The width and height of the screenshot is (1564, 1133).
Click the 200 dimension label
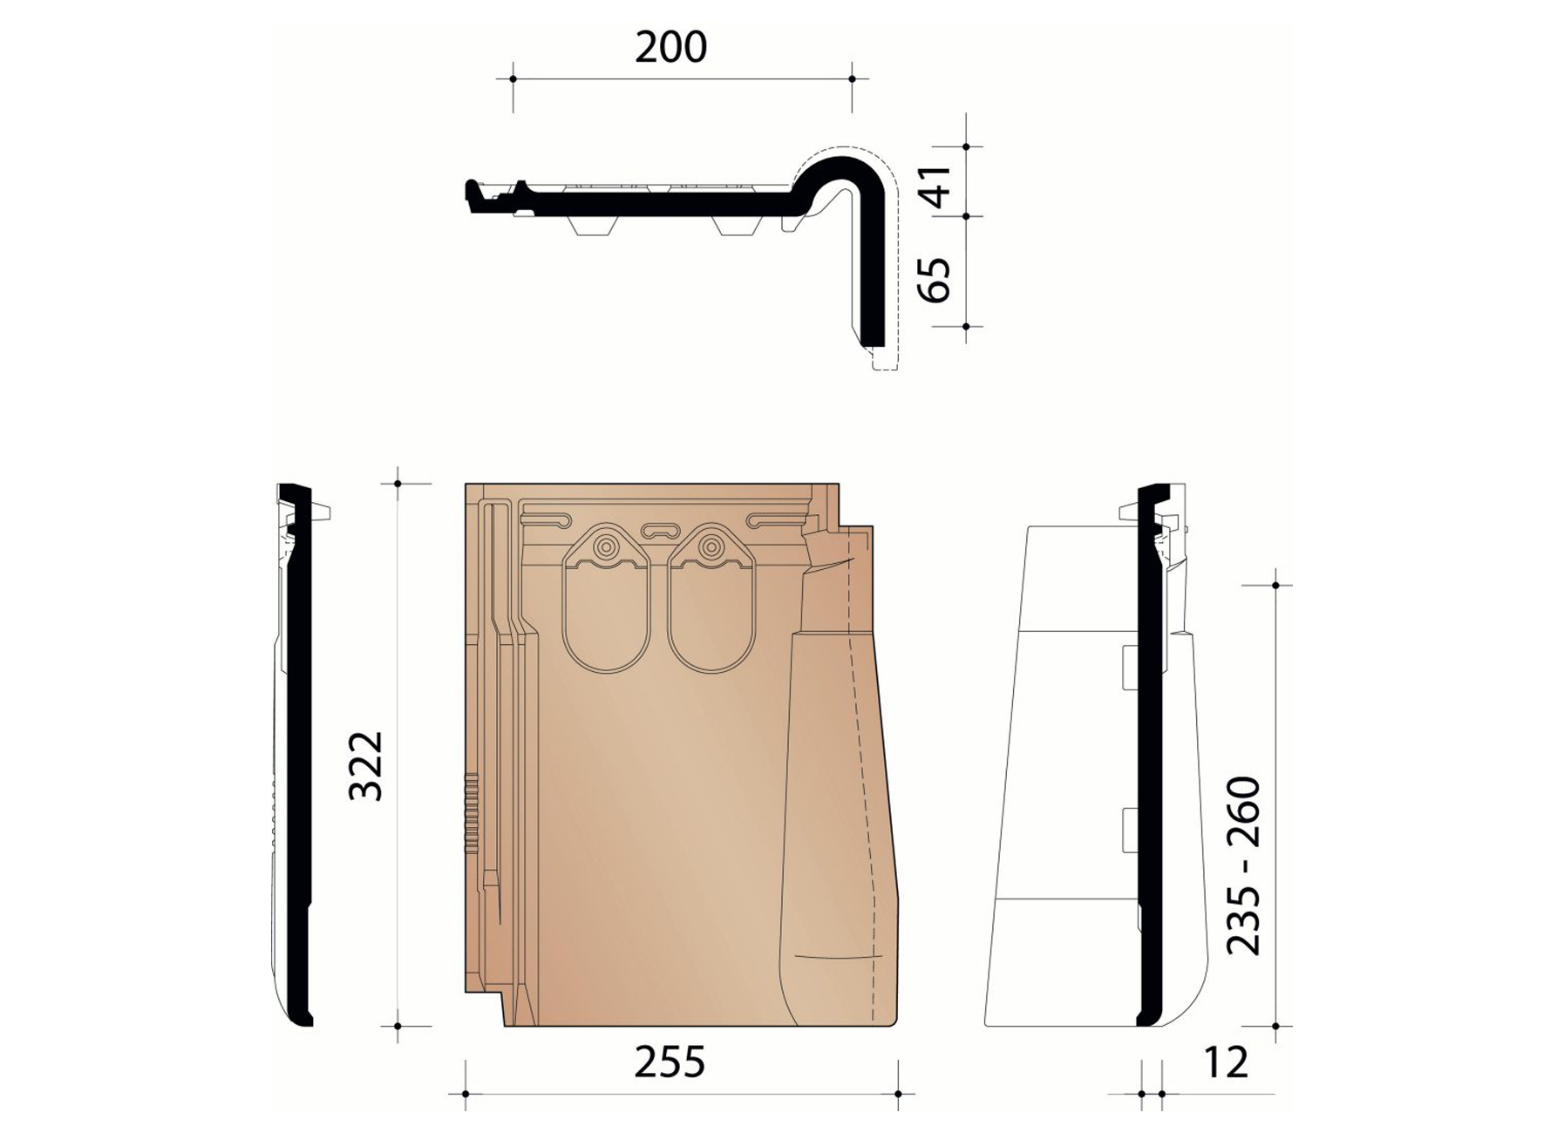coord(670,47)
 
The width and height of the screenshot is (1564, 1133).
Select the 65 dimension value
coord(935,279)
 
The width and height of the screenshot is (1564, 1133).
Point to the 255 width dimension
coord(670,1062)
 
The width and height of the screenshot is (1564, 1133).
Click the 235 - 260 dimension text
coord(1244,865)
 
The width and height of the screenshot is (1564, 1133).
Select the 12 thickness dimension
coord(1225,1062)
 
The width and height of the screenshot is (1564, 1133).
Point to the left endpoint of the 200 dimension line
coord(513,79)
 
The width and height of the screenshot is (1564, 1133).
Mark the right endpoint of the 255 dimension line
coord(898,1094)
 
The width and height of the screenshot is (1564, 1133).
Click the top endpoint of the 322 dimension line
coord(398,483)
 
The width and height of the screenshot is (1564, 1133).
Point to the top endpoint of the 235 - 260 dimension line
coord(1275,586)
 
